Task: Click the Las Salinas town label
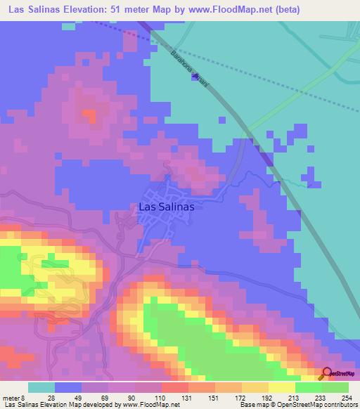pyautogui.click(x=166, y=207)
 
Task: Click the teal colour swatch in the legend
pyautogui.click(x=41, y=388)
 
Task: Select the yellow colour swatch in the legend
pyautogui.click(x=281, y=388)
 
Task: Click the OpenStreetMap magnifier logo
pyautogui.click(x=327, y=374)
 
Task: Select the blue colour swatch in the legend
pyautogui.click(x=68, y=388)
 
